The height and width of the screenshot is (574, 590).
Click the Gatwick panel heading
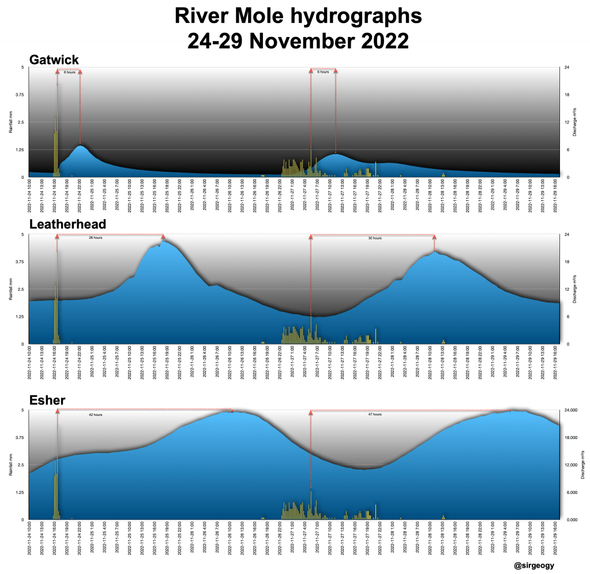point(54,59)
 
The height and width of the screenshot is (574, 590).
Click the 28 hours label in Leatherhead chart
point(95,238)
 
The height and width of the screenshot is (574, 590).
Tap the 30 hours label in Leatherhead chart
point(375,238)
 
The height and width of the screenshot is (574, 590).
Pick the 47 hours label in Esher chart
point(375,414)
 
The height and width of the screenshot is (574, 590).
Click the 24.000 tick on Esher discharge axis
point(570,410)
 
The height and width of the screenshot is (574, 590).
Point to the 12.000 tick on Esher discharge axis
point(570,465)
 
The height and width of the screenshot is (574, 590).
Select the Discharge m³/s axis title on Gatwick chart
point(574,122)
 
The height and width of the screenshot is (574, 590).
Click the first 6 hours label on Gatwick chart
point(69,72)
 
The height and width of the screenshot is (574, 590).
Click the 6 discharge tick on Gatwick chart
point(566,150)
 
